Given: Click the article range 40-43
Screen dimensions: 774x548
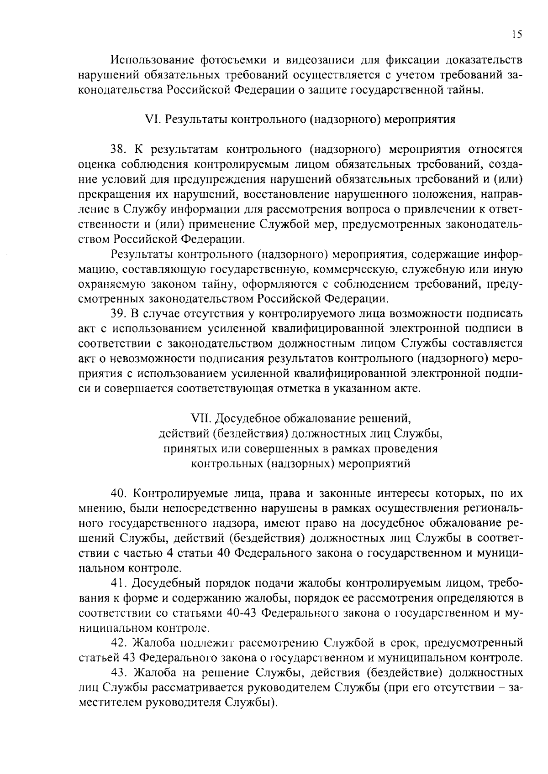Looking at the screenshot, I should tap(242, 613).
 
